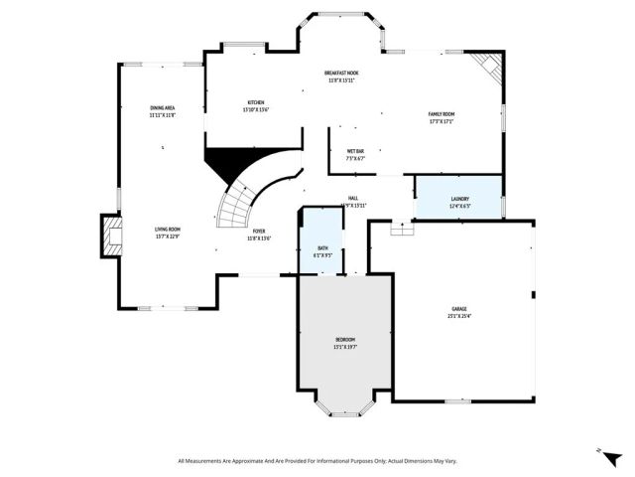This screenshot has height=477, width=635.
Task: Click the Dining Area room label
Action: point(164,111)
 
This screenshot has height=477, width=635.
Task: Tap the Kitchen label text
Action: point(256,106)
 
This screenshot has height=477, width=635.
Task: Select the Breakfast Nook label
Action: point(341,77)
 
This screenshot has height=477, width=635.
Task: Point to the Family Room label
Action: point(447,118)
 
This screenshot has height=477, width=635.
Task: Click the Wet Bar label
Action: point(355,154)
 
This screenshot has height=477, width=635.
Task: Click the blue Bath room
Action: point(322,250)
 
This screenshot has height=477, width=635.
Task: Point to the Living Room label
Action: point(167,233)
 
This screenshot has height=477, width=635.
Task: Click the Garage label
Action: point(459,312)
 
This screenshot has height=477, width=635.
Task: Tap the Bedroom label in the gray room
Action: point(344,344)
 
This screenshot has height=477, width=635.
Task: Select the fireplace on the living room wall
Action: point(109,235)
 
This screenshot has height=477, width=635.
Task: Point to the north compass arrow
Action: point(601,451)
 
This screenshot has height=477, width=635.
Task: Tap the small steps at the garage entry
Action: point(402,228)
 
